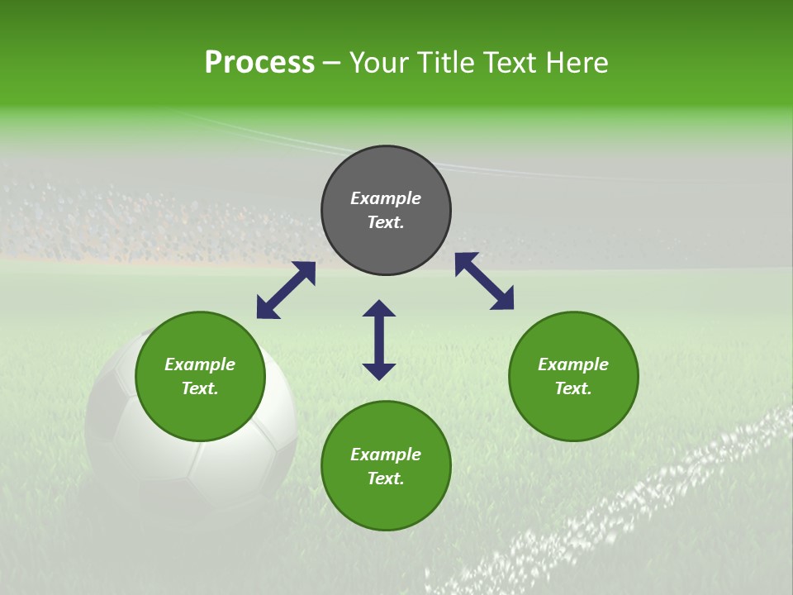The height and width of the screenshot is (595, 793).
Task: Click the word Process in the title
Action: tap(259, 63)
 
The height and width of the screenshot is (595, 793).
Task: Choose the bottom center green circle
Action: tap(386, 504)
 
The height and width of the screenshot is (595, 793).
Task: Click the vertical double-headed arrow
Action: tap(379, 340)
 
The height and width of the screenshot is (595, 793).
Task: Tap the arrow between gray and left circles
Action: tap(286, 290)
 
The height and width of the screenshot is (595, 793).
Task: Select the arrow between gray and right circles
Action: tap(484, 281)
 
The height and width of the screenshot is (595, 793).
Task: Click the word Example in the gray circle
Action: tap(386, 198)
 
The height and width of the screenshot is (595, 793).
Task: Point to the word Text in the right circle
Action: tap(573, 388)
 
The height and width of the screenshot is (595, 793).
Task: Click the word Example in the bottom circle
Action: tap(386, 455)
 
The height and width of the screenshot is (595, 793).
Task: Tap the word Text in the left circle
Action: tap(200, 388)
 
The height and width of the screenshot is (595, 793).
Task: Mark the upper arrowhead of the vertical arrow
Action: tap(379, 308)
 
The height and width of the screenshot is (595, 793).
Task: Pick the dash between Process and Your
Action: tap(332, 64)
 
